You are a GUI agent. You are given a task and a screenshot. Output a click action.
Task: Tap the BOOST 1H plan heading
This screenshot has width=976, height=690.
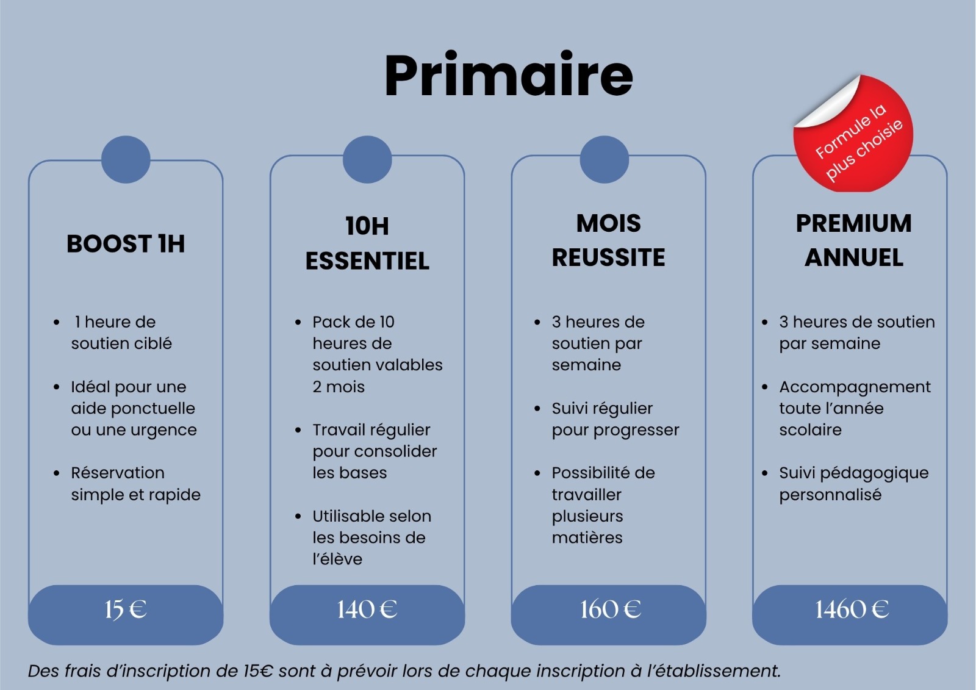(126, 243)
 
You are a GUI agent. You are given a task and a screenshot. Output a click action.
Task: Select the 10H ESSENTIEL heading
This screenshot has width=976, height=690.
(367, 243)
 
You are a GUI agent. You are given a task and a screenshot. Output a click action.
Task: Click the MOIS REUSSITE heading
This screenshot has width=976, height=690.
(608, 240)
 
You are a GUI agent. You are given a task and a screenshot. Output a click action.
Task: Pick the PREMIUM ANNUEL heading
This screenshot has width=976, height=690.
(853, 240)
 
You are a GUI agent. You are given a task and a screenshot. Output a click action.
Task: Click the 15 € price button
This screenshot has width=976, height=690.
(126, 614)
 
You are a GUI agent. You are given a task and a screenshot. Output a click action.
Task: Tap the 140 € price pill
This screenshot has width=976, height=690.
(367, 614)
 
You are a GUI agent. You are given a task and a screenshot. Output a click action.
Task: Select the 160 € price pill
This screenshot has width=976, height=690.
(609, 614)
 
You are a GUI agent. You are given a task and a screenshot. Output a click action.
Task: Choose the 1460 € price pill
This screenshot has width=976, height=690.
(850, 614)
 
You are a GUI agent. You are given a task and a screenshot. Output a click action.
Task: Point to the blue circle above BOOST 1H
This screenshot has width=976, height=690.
(126, 159)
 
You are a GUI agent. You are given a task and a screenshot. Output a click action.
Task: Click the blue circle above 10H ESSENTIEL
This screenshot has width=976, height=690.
(367, 159)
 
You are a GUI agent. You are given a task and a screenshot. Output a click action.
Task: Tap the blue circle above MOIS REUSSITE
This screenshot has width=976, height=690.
(605, 159)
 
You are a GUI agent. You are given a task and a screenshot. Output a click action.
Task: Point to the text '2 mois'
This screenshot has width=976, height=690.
(339, 387)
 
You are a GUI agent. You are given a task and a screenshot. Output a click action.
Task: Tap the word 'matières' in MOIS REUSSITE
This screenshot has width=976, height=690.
(587, 537)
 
